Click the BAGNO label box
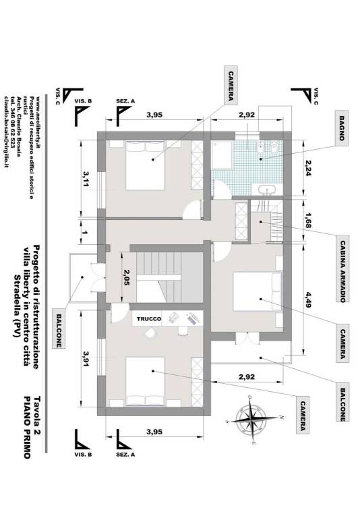click(x=342, y=128)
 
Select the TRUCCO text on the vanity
click(x=149, y=319)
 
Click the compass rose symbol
click(x=254, y=420)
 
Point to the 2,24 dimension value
click(x=307, y=168)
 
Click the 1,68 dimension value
click(x=308, y=221)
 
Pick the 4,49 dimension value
click(x=308, y=299)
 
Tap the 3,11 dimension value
click(x=86, y=179)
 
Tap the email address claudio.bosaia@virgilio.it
click(x=5, y=132)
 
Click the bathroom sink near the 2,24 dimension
click(x=267, y=190)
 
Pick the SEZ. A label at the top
click(x=125, y=101)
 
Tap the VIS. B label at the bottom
click(x=83, y=455)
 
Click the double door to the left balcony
click(x=98, y=277)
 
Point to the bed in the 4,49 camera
click(x=258, y=291)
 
